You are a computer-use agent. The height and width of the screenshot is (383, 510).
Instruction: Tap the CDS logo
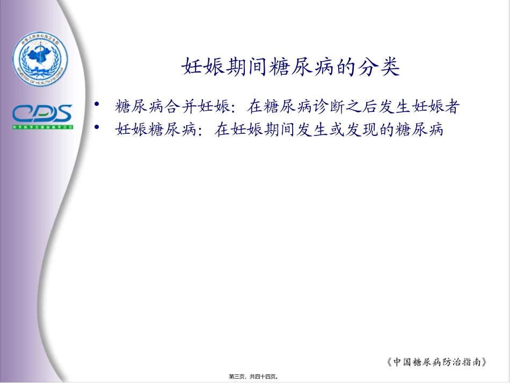tap(42, 114)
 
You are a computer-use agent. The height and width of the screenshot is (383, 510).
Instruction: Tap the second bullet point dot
tap(97, 127)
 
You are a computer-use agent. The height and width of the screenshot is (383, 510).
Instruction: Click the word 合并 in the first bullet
tap(186, 107)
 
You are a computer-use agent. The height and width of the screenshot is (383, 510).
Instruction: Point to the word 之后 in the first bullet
tap(370, 107)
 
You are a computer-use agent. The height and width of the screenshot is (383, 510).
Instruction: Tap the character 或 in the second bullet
tap(339, 129)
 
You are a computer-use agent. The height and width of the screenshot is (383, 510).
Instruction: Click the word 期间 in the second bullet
tap(281, 129)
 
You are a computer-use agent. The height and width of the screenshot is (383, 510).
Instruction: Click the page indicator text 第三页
tap(238, 377)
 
